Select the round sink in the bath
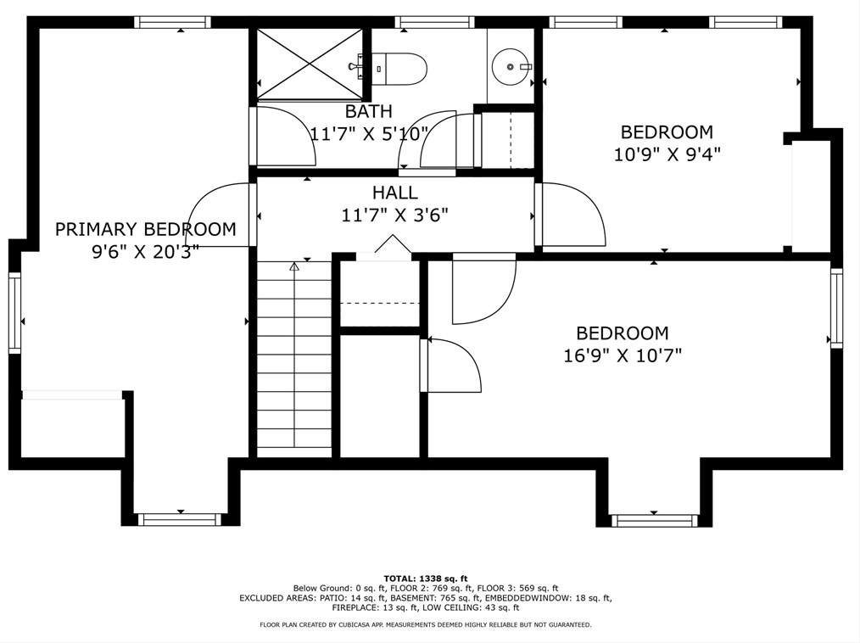click(511, 66)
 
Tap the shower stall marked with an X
click(310, 64)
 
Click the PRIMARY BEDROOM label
click(146, 229)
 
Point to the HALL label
click(395, 193)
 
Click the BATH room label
click(369, 111)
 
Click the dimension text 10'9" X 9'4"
click(667, 154)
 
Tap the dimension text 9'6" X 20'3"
click(145, 252)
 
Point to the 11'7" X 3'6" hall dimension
click(395, 215)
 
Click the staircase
click(294, 360)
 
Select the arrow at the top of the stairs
click(294, 267)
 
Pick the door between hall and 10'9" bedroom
click(571, 215)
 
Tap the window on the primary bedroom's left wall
click(14, 313)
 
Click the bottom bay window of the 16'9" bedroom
click(654, 520)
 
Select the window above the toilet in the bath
click(434, 22)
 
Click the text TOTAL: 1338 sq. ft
click(426, 579)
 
